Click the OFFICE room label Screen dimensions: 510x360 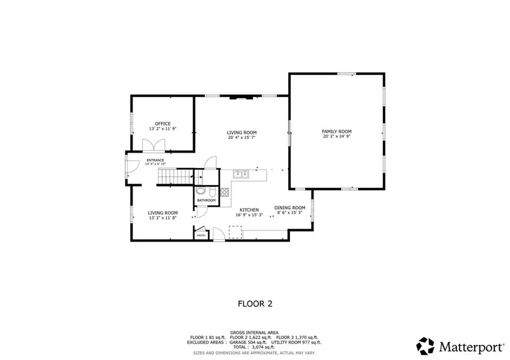click(x=163, y=123)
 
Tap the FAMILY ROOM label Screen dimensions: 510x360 click(x=337, y=131)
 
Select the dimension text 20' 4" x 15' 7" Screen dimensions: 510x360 click(x=242, y=137)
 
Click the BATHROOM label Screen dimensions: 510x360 click(x=206, y=200)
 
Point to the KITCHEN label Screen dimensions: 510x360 click(x=249, y=210)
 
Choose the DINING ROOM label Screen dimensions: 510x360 click(x=290, y=208)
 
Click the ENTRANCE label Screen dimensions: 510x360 click(x=155, y=160)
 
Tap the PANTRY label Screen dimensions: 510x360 click(x=201, y=236)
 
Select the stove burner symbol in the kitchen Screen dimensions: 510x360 click(x=225, y=192)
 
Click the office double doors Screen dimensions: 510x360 click(x=153, y=145)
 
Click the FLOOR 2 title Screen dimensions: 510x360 click(x=255, y=304)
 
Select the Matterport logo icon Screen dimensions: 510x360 click(x=425, y=346)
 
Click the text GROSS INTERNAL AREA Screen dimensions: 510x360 click(x=255, y=333)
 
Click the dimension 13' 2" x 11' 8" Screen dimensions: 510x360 click(x=163, y=218)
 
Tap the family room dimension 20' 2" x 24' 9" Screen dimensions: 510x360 click(x=337, y=136)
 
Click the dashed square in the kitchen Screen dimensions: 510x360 click(x=235, y=232)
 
